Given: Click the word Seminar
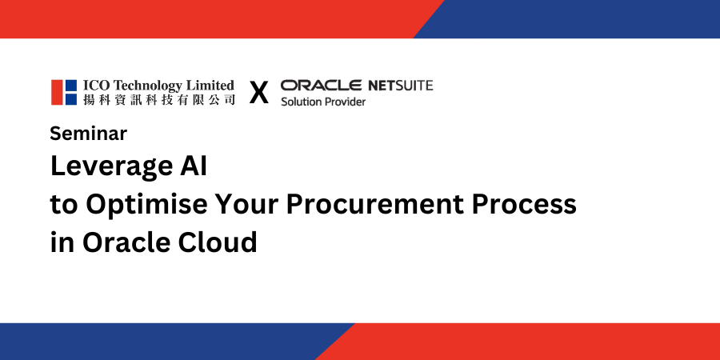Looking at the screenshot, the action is pyautogui.click(x=88, y=133).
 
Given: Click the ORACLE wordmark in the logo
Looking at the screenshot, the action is pyautogui.click(x=321, y=86).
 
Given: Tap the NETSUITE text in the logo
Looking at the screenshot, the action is pyautogui.click(x=401, y=86).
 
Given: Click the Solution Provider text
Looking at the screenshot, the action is pyautogui.click(x=323, y=102).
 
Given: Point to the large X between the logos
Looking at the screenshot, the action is pyautogui.click(x=259, y=93).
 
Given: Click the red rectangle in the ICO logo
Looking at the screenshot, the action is pyautogui.click(x=57, y=92).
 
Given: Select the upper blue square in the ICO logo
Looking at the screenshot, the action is pyautogui.click(x=71, y=86).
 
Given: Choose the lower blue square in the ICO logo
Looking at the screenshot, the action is pyautogui.click(x=71, y=100).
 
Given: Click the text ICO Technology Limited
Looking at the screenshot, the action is pyautogui.click(x=158, y=86).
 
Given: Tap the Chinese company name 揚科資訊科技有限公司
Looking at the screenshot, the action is pyautogui.click(x=159, y=100).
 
